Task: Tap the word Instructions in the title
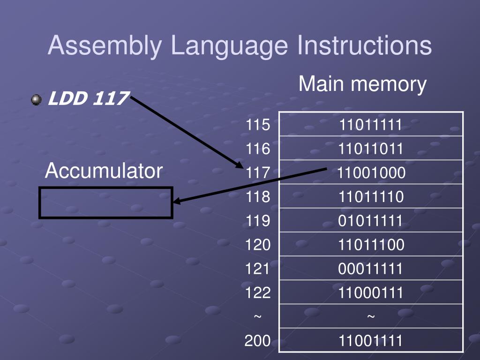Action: pyautogui.click(x=364, y=46)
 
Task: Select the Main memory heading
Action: pyautogui.click(x=362, y=84)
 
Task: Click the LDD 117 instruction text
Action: pyautogui.click(x=88, y=99)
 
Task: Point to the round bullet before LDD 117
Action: pyautogui.click(x=36, y=100)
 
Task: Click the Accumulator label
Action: pyautogui.click(x=104, y=171)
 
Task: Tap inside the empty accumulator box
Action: pyautogui.click(x=106, y=202)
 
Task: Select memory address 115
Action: pyautogui.click(x=258, y=125)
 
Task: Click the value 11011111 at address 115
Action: pyautogui.click(x=371, y=125)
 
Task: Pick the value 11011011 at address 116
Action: pyautogui.click(x=371, y=149)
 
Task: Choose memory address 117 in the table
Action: pyautogui.click(x=258, y=173)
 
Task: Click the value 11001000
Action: pyautogui.click(x=371, y=173)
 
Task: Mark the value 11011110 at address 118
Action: pyautogui.click(x=371, y=197)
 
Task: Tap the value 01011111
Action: pyautogui.click(x=371, y=221)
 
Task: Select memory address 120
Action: pyautogui.click(x=258, y=245)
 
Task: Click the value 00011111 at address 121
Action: pyautogui.click(x=371, y=269)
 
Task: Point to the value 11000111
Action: pyautogui.click(x=371, y=293)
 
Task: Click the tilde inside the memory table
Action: pyautogui.click(x=371, y=317)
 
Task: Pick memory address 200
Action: pyautogui.click(x=258, y=341)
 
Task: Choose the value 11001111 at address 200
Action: pyautogui.click(x=371, y=341)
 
